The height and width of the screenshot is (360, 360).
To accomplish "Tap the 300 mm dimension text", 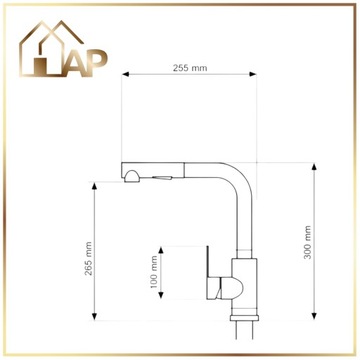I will (307, 241).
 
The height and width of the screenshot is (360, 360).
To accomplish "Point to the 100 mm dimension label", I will (154, 271).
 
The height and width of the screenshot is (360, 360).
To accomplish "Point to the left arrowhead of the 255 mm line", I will (123, 78).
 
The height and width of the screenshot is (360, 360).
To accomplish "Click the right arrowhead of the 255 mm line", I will (256, 78).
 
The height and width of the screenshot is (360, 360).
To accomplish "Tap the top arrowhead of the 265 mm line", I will (98, 183).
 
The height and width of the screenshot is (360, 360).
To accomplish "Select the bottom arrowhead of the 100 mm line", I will (164, 298).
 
